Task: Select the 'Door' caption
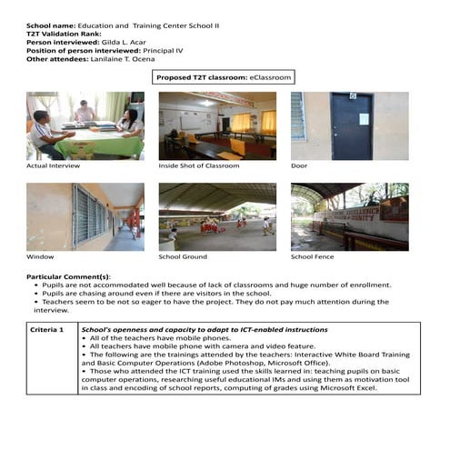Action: pyautogui.click(x=299, y=166)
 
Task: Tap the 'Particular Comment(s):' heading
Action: pyautogui.click(x=68, y=275)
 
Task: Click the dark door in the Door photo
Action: pyautogui.click(x=351, y=125)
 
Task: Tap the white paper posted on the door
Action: pyautogui.click(x=363, y=119)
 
